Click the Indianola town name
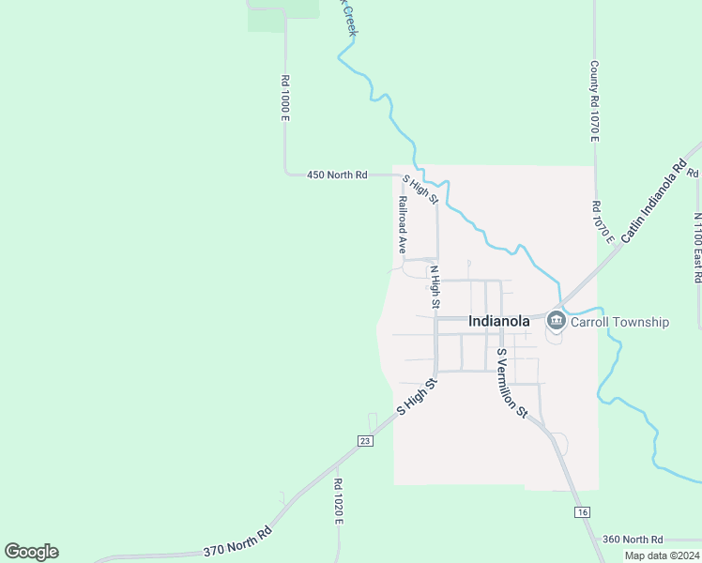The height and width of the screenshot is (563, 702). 498,321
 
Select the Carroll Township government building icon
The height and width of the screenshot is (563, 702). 556,322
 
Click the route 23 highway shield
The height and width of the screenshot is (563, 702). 365,441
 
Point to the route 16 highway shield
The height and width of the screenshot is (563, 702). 583,511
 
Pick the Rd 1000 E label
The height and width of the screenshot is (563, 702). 284,99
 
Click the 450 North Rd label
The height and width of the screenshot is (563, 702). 337,175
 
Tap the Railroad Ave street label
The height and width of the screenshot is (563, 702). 402,225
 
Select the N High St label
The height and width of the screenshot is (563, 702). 435,287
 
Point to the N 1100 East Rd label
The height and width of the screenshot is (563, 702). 697,248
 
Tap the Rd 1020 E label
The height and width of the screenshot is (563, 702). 338,502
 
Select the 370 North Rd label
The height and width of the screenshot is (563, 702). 237,544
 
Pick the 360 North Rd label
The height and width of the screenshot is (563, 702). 632,540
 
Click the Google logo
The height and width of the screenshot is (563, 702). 31,552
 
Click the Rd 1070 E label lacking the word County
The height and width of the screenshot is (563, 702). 602,221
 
